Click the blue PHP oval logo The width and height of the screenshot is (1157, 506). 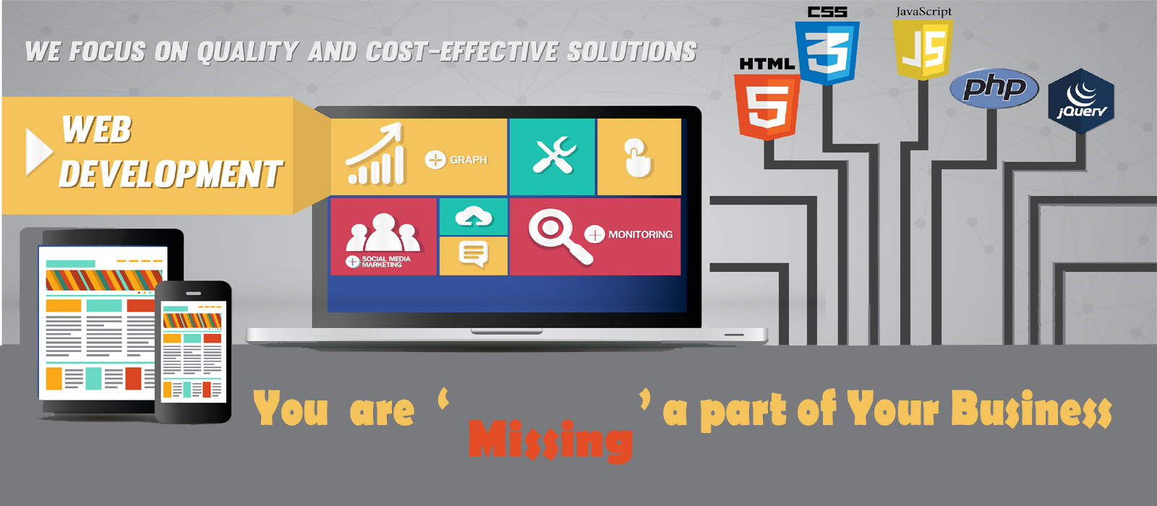coord(994,88)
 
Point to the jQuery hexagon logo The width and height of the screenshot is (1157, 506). coord(1081,101)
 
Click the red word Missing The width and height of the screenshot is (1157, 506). coord(550,439)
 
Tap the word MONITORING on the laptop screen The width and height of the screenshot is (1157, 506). coord(641,234)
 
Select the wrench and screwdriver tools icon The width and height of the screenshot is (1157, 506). coord(554,155)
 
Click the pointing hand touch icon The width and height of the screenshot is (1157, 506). coord(639,158)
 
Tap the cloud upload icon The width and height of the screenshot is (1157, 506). coord(473,216)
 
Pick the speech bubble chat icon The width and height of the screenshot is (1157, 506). coord(473,254)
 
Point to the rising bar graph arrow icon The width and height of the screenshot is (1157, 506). coord(375,154)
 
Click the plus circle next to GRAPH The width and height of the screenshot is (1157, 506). coord(435,160)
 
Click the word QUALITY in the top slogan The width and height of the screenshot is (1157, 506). coord(247,52)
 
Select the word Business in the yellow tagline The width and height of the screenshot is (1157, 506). coord(1031,409)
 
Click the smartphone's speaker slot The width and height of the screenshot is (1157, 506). coord(194,293)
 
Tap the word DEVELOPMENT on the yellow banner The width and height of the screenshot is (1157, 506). coord(171,173)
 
